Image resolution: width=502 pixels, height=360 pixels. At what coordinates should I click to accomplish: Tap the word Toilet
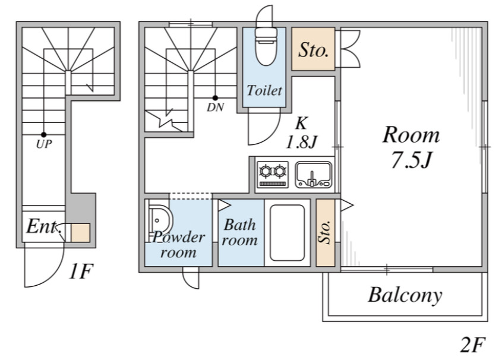(x=264, y=90)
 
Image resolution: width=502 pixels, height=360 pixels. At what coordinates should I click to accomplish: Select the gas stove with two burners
(x=273, y=175)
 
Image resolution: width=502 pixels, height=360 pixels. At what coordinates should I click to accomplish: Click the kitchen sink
(x=314, y=175)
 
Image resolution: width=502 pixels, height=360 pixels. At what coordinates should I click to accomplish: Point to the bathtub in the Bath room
(x=287, y=233)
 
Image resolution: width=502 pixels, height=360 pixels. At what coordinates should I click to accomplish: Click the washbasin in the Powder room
(x=160, y=221)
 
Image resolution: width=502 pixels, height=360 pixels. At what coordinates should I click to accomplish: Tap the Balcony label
(x=405, y=295)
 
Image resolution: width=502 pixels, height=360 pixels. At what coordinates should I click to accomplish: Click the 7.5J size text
(x=412, y=160)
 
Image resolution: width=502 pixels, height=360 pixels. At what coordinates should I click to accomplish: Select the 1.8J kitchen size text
(x=301, y=142)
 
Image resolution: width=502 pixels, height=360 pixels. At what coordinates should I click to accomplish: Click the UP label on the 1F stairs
(x=44, y=144)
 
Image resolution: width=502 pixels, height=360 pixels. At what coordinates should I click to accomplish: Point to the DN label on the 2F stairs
(x=216, y=108)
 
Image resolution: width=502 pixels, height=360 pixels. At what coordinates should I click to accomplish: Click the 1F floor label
(x=81, y=271)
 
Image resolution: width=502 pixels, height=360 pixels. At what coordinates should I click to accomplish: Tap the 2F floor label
(x=473, y=345)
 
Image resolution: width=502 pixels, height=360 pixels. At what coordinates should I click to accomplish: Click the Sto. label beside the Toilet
(x=314, y=50)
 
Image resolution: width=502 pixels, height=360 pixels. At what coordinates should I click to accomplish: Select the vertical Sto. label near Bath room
(x=326, y=232)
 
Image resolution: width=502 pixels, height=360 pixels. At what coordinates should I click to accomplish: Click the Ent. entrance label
(x=43, y=226)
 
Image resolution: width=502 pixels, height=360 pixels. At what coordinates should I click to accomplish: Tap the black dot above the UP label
(x=43, y=135)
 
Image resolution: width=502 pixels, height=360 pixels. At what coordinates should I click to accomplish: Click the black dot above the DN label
(x=216, y=98)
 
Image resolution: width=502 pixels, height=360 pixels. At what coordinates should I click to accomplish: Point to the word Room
(x=411, y=135)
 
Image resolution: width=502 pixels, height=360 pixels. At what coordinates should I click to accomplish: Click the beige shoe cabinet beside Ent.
(x=80, y=233)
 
